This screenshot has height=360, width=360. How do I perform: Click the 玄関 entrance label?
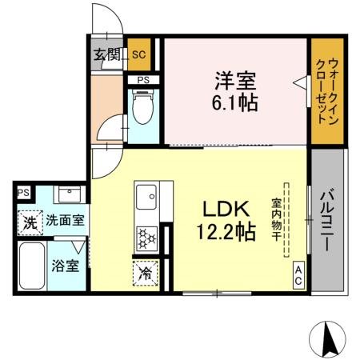[106, 55]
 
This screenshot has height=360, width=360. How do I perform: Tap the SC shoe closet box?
[138, 55]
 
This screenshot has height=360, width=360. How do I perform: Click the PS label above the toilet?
[144, 80]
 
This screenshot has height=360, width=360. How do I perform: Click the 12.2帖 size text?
[226, 232]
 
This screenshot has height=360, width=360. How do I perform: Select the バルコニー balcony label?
[328, 220]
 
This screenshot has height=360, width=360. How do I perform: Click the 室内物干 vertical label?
[276, 219]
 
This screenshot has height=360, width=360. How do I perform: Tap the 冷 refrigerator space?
[146, 272]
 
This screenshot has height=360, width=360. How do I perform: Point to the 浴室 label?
[66, 264]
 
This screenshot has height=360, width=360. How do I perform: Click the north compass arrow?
[329, 339]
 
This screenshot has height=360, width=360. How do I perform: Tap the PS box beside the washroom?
[24, 193]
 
